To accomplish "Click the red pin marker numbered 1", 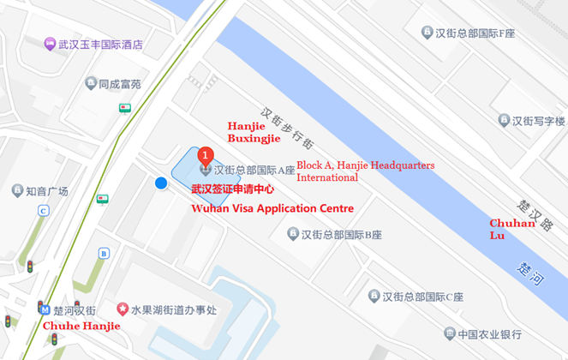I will [x=205, y=155].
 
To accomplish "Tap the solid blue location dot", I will [x=161, y=183].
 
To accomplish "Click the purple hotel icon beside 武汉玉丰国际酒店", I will [x=51, y=44].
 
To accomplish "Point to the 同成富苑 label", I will [x=118, y=84].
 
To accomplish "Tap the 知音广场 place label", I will [x=46, y=190].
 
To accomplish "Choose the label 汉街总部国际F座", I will [x=474, y=33].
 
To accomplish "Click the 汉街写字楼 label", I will [x=538, y=121].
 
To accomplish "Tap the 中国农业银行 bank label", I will [x=489, y=334].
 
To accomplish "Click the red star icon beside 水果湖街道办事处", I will [x=123, y=309].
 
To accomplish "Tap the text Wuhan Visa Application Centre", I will [x=272, y=208].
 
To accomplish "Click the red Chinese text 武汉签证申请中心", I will [x=232, y=189].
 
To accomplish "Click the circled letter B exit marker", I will [x=105, y=253].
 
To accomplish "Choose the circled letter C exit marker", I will [x=43, y=211].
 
